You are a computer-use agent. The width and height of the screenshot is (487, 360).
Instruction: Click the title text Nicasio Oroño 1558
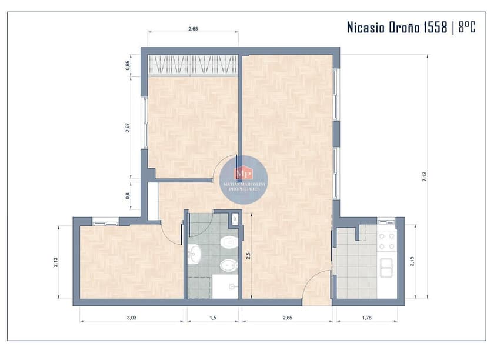397,28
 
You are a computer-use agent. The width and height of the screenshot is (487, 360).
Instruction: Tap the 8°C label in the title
466,28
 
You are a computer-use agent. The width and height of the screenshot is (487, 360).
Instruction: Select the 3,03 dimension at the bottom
132,318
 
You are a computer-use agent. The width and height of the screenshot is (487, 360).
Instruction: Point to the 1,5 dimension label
212,318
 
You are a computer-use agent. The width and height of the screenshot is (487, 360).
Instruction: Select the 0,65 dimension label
128,65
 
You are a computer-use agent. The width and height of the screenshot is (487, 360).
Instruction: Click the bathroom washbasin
194,254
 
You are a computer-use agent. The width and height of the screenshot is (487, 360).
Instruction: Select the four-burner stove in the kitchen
386,241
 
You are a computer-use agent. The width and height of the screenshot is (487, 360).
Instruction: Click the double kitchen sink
386,268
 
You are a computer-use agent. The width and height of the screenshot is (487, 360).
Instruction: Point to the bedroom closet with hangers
193,65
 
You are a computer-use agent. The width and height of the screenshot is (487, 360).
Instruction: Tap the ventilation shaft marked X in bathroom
235,218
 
